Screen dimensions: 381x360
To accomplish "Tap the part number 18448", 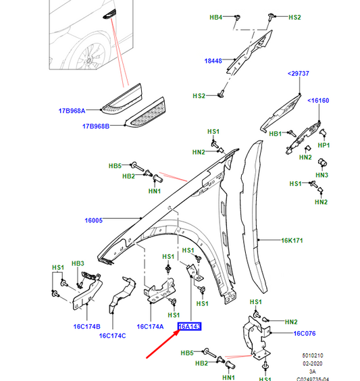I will [214, 61].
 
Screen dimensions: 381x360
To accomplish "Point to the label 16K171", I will [293, 239].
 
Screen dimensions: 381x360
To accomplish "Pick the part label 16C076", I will [305, 333].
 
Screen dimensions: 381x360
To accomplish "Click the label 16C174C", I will [113, 335].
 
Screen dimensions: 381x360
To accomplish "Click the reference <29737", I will [297, 72].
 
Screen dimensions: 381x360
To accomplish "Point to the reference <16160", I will [319, 101].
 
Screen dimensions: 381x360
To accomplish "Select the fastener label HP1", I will [324, 145].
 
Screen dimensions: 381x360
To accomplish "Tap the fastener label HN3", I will [322, 175].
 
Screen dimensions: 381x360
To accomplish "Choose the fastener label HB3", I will [78, 263].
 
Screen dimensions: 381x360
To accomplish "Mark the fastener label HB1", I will [275, 134].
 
